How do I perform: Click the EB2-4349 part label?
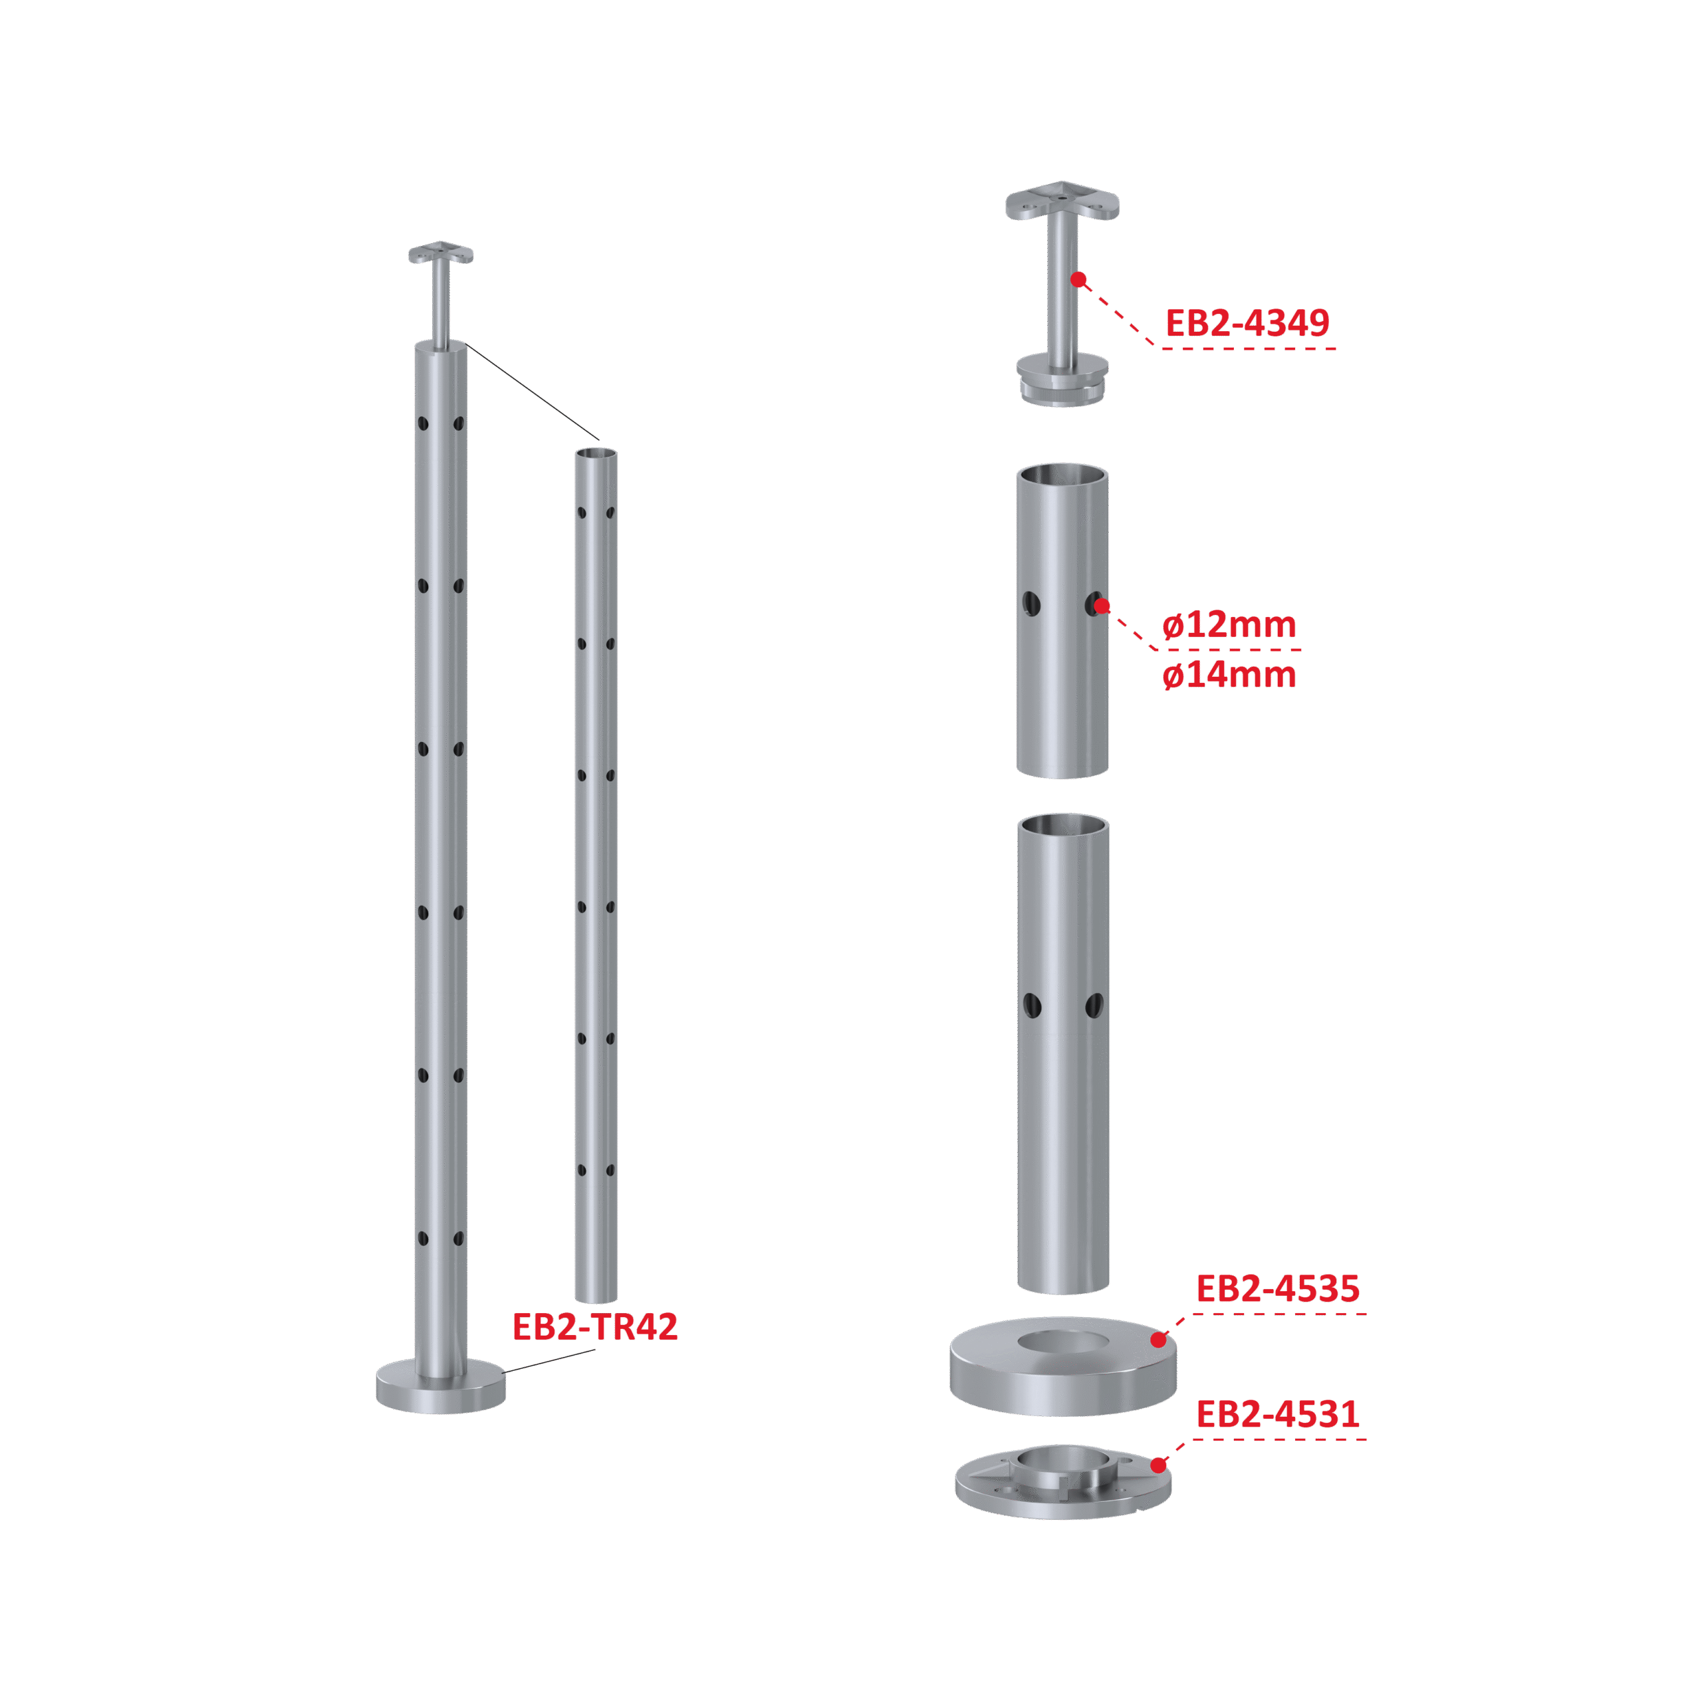point(1247,323)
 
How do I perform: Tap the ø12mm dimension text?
point(1229,626)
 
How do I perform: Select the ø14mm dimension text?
point(1229,675)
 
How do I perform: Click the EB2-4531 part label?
point(1277,1414)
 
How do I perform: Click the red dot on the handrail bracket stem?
point(1078,279)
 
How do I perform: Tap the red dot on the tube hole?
point(1101,606)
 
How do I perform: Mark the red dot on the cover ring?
point(1158,1340)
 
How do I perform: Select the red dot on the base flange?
point(1158,1465)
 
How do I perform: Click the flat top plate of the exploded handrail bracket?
point(1062,201)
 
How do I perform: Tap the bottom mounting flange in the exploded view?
point(1062,1489)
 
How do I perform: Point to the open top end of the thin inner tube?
point(596,453)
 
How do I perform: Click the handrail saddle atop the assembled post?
point(441,254)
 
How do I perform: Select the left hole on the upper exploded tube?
point(1032,604)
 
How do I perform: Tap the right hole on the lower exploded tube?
point(1094,1005)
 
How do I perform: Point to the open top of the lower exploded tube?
point(1063,826)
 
